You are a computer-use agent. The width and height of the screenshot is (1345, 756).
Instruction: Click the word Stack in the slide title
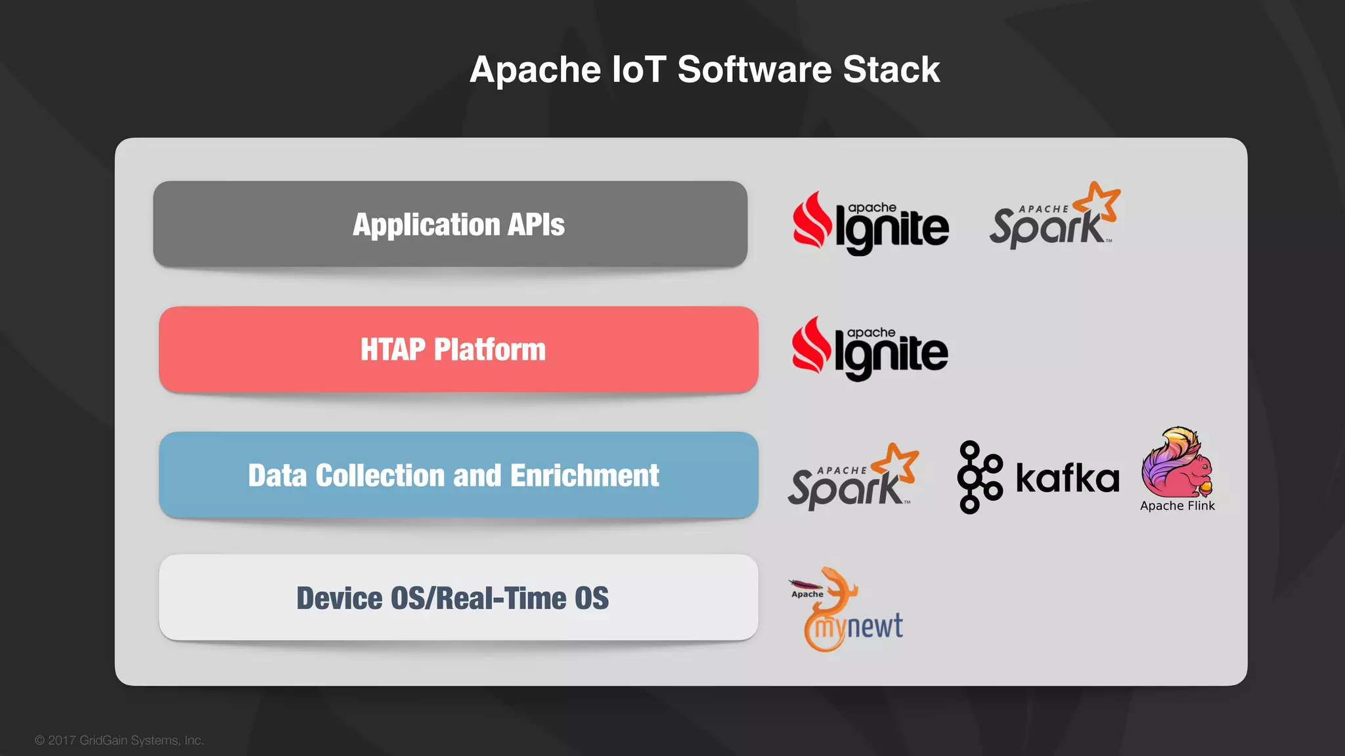coord(891,70)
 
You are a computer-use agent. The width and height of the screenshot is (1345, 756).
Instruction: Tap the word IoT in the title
coord(638,70)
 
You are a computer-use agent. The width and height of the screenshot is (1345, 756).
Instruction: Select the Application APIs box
coord(451,224)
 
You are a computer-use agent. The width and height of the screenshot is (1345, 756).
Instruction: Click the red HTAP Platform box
coord(458,349)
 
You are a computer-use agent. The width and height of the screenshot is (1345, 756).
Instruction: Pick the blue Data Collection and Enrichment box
coord(458,475)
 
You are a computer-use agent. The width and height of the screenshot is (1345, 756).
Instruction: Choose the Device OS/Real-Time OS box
coord(458,597)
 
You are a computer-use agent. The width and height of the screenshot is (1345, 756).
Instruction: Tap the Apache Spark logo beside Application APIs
coord(1054,217)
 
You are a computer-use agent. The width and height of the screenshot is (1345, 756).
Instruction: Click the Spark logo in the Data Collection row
coord(852,478)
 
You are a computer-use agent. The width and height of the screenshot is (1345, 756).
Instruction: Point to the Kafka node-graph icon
coord(979,477)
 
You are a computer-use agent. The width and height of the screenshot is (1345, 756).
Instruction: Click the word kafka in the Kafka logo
coord(1067,478)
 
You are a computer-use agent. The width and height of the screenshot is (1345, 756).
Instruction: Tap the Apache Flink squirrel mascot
coord(1177,463)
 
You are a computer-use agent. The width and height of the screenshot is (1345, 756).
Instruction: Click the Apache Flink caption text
coord(1178,506)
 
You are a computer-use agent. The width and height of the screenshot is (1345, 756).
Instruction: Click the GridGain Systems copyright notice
coord(120,740)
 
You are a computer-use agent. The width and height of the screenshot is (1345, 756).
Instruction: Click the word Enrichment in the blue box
coord(584,476)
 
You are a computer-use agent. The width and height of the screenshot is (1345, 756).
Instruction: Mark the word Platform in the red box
coord(489,350)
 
